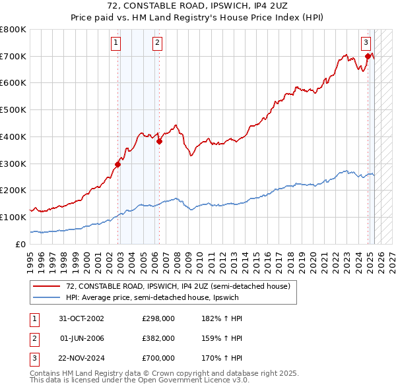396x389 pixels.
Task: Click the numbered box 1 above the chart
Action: (115, 44)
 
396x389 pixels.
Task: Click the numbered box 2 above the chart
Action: (158, 44)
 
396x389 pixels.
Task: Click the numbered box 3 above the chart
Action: (366, 44)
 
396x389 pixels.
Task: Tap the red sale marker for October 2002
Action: (118, 164)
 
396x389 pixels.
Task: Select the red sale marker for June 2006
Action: (159, 140)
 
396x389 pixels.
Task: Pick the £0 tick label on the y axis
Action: (20, 244)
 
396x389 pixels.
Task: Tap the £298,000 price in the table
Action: (158, 318)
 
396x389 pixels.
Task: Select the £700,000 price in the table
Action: (158, 359)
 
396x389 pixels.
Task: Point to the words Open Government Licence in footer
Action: (192, 380)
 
